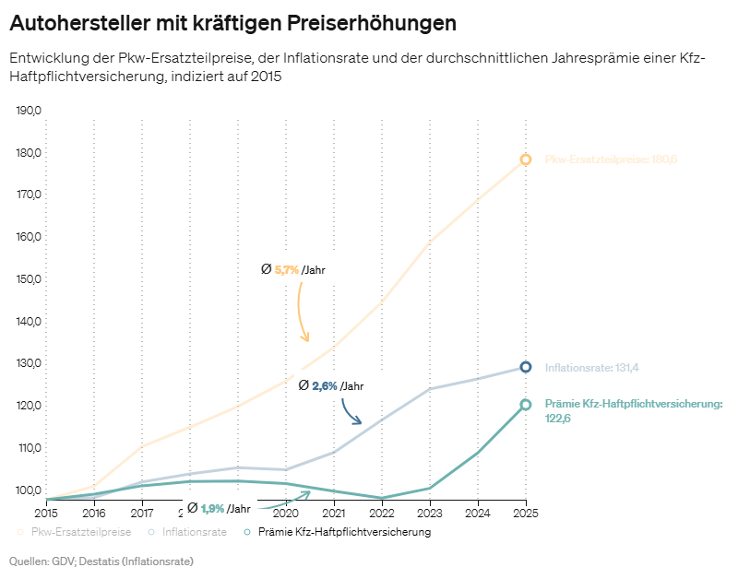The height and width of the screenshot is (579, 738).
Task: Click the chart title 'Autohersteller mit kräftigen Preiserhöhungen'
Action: tap(232, 21)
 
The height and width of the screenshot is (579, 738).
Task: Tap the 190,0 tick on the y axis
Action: tap(30, 111)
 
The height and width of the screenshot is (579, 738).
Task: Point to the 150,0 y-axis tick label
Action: tap(30, 279)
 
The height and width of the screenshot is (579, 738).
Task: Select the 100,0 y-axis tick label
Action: tap(30, 490)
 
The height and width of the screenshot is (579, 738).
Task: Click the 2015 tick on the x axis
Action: tap(46, 513)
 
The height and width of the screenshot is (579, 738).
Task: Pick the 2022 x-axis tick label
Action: tap(382, 513)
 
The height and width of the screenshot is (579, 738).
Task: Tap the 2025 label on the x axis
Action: tap(526, 513)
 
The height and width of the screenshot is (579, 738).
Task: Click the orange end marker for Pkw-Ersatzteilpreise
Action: tap(526, 160)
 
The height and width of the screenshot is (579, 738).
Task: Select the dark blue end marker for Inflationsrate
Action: tap(526, 367)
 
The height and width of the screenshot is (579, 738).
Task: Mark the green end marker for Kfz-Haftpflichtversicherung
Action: tap(526, 405)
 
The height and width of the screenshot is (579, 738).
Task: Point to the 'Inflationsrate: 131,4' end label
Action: tap(592, 368)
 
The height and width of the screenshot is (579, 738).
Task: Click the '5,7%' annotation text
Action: tap(287, 270)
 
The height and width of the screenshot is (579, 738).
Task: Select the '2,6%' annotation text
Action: tap(325, 386)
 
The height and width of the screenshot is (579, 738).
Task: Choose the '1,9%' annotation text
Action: tap(213, 508)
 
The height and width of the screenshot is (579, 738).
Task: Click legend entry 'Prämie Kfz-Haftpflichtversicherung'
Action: tap(344, 532)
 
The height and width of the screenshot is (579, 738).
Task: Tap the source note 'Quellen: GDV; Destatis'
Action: tap(101, 561)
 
